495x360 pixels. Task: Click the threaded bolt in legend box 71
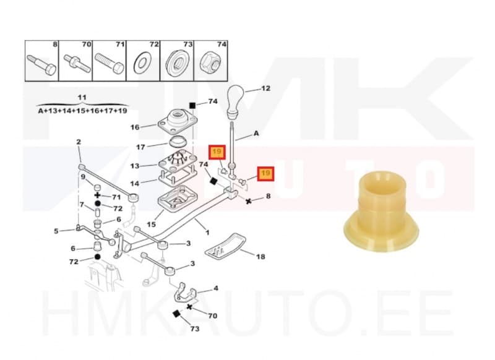coord(110,64)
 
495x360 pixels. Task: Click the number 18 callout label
coord(260,257)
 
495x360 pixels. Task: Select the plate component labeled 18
coord(225,246)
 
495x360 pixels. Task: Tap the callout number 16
coord(135,127)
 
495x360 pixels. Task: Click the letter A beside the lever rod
coord(256,134)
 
